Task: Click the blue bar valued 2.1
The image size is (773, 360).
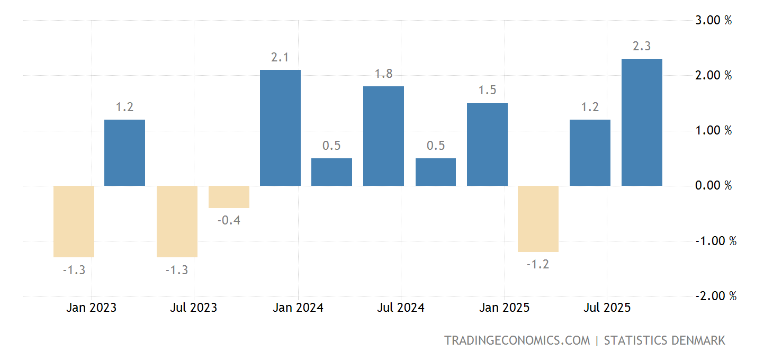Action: [281, 128]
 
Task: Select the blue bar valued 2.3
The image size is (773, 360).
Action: [642, 122]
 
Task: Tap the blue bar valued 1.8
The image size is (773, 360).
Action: [383, 136]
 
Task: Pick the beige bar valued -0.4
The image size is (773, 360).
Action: [229, 197]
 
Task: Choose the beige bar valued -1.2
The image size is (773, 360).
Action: [538, 219]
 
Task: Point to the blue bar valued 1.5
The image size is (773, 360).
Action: [487, 145]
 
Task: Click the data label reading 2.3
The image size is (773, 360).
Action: [642, 47]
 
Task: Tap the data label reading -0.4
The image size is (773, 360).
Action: [229, 220]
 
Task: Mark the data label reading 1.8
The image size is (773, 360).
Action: [383, 74]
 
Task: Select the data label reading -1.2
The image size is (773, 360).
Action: [538, 264]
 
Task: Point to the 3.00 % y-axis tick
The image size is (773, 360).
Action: [713, 21]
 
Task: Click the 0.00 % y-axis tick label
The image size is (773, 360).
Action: [713, 186]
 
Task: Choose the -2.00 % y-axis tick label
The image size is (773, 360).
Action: [715, 296]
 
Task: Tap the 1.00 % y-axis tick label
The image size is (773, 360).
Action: [713, 131]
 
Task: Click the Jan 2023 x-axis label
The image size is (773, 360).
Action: [92, 308]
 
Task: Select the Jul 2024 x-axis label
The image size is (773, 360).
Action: [401, 308]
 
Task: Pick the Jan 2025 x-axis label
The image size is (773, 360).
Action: [505, 308]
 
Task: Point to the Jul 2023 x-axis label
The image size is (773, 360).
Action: [194, 308]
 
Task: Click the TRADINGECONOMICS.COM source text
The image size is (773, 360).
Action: [517, 340]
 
